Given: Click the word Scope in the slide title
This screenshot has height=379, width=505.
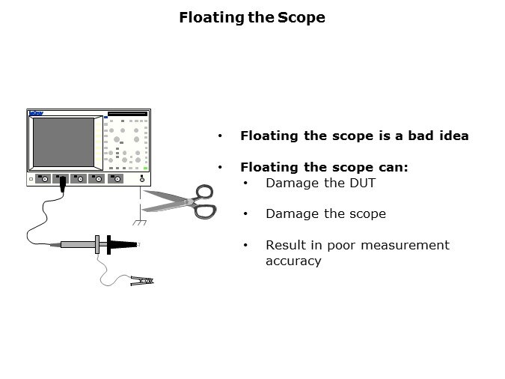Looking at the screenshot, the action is (x=302, y=17).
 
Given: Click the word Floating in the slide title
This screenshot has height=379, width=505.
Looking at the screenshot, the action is (x=212, y=18).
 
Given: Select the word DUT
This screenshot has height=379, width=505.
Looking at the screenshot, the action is (x=362, y=184).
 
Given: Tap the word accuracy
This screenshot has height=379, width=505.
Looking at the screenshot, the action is (x=293, y=261).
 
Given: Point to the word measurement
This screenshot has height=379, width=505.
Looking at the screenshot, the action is (x=405, y=245).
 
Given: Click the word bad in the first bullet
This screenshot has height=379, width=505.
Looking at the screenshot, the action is (x=420, y=136).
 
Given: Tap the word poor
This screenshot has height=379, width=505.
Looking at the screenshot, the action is (x=340, y=246).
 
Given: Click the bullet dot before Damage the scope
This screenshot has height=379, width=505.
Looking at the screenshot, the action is (x=245, y=213).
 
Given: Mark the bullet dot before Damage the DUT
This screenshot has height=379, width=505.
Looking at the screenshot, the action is (x=245, y=183).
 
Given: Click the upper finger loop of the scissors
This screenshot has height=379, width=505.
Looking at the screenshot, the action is (x=204, y=192).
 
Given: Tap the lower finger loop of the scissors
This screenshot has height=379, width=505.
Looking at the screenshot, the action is (x=205, y=211).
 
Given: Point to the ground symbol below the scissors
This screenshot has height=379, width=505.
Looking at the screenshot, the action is (x=139, y=222).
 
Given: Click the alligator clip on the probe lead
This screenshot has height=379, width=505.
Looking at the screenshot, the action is (x=142, y=281).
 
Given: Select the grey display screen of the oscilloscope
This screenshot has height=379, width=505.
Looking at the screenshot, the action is (x=64, y=142).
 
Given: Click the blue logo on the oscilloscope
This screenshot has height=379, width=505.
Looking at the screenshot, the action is (x=36, y=113).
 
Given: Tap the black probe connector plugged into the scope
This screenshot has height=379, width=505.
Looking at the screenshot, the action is (x=63, y=184).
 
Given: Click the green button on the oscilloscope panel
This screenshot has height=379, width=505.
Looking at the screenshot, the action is (x=145, y=169).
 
